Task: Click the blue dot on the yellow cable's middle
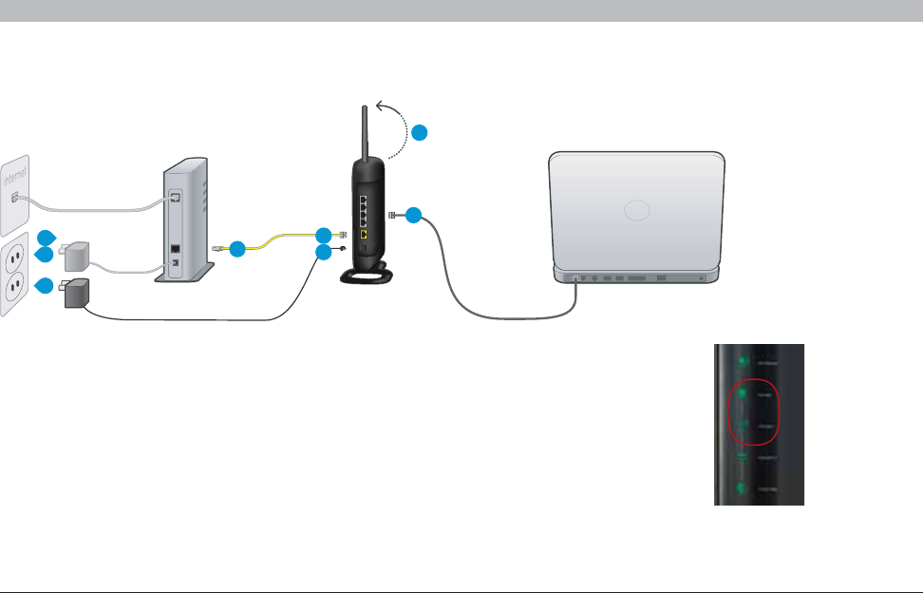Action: pos(237,249)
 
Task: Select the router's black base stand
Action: pos(367,274)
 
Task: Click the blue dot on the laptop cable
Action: pos(412,217)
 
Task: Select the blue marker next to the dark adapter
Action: pos(45,286)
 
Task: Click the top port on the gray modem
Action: pos(177,198)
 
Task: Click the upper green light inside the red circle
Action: pos(743,393)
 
